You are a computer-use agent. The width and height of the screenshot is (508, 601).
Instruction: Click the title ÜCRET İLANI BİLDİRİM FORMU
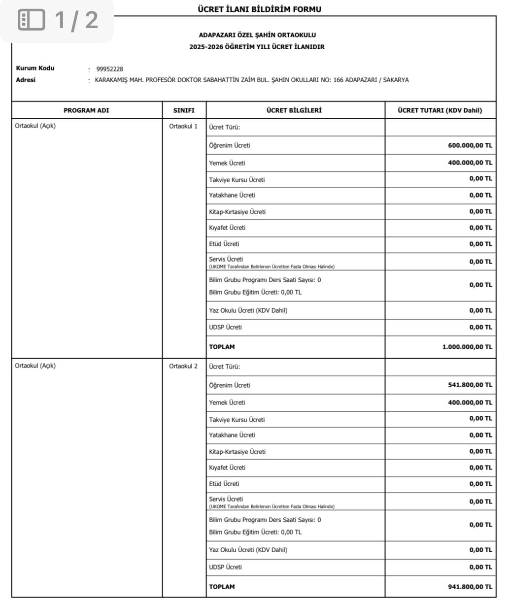point(259,9)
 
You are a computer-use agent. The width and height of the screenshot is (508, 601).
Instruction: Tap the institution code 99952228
point(109,69)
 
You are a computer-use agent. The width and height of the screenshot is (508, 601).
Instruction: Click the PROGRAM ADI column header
point(86,110)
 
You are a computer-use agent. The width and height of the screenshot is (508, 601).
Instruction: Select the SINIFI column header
point(184,110)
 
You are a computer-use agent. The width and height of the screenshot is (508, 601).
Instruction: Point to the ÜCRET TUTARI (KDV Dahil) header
point(440,110)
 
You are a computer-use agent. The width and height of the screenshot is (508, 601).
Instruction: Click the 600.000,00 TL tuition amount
point(470,146)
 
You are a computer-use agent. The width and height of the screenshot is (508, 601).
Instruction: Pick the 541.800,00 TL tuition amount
point(470,385)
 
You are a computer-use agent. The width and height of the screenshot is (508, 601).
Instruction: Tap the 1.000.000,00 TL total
point(467,347)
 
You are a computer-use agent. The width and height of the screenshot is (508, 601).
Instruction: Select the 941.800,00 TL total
point(470,587)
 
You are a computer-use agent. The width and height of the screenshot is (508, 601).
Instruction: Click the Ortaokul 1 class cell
point(183,126)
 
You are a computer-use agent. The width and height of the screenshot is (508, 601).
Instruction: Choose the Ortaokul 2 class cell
point(183,366)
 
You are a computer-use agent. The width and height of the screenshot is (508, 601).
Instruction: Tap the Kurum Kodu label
point(35,68)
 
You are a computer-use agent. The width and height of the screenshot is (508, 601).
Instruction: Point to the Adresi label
point(26,80)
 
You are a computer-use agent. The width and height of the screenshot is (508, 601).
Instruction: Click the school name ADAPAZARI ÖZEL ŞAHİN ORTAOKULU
point(257,35)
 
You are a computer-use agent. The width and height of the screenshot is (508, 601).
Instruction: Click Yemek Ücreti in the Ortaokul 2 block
point(227,402)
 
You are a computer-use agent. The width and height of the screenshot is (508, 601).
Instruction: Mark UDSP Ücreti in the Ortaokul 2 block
point(225,567)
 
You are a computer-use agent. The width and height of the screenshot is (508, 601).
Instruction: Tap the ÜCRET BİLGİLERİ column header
point(294,110)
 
